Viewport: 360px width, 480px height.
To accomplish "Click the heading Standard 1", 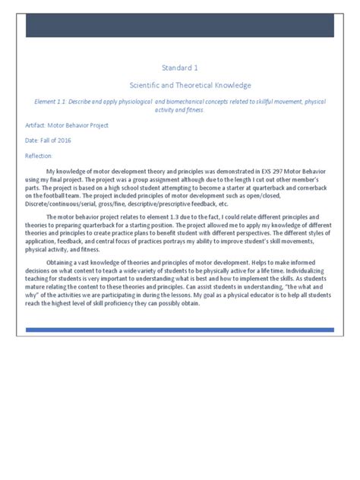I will click(x=179, y=68).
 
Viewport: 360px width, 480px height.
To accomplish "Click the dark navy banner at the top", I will click(x=180, y=24).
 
